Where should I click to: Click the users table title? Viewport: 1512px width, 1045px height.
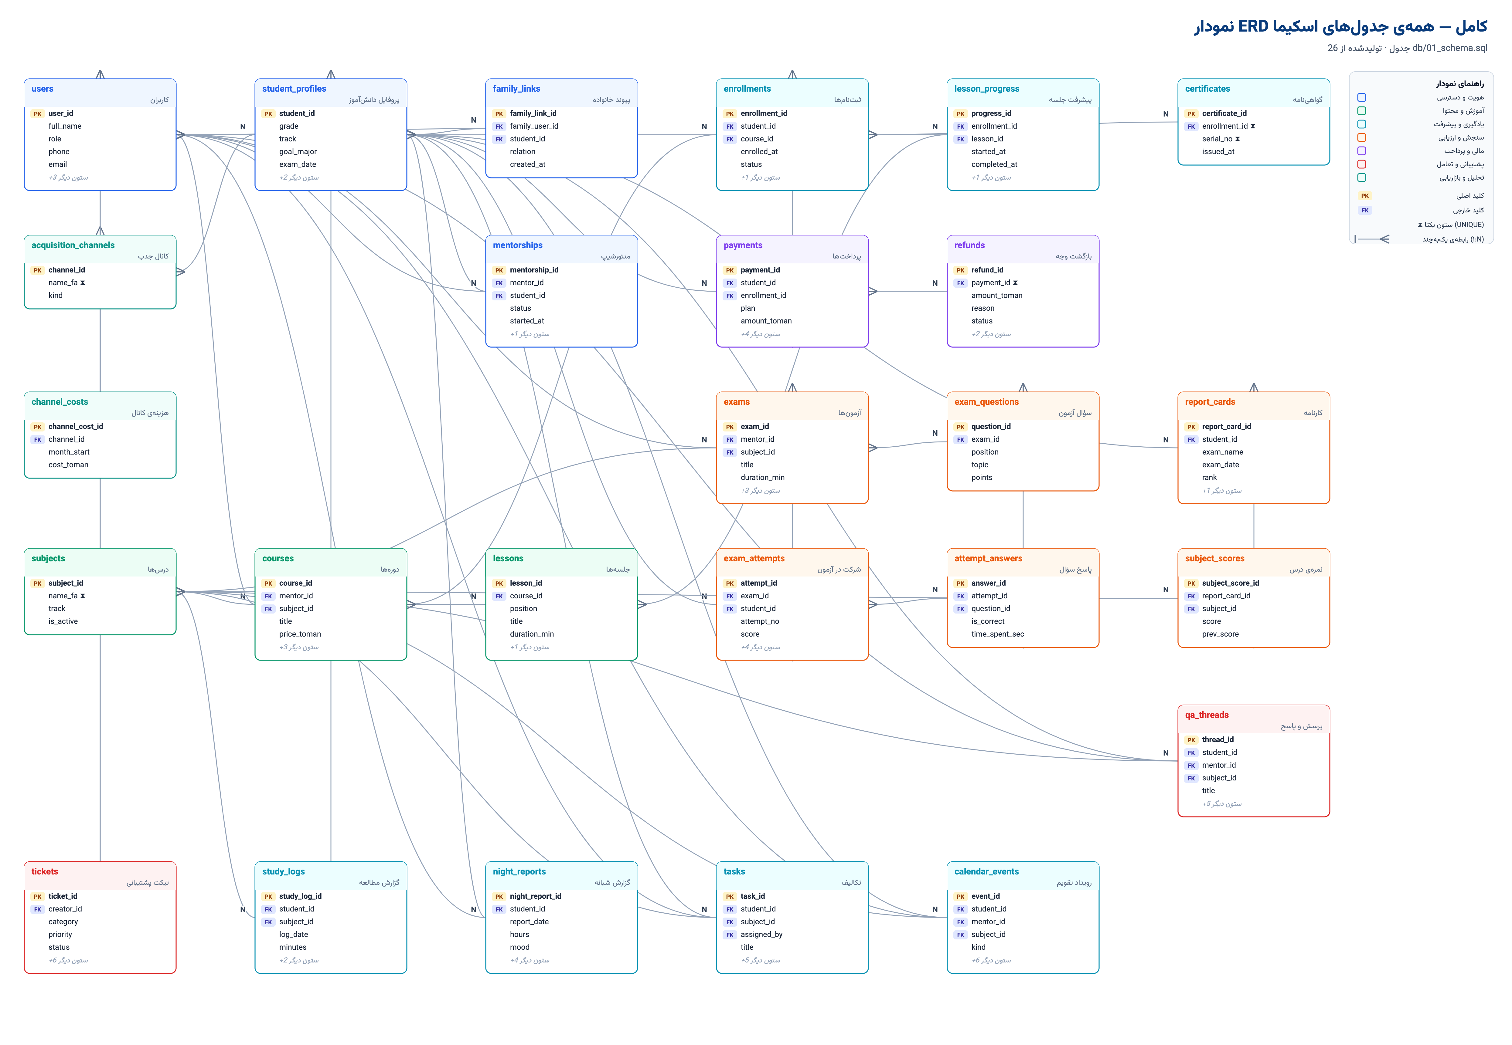click(x=43, y=89)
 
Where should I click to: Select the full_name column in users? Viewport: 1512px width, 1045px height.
click(x=65, y=126)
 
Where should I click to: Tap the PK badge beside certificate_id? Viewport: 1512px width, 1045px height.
click(x=1191, y=114)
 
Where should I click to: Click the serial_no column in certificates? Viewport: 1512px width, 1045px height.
click(x=1217, y=139)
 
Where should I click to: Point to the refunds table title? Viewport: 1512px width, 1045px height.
click(x=969, y=245)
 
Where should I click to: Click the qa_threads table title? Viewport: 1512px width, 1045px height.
click(x=1207, y=715)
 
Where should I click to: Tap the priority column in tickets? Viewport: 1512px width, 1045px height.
click(x=60, y=935)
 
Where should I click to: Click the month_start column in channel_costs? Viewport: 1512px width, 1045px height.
click(x=69, y=452)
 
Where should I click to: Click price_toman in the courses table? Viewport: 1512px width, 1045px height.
click(x=300, y=634)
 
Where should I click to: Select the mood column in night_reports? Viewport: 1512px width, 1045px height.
click(x=519, y=947)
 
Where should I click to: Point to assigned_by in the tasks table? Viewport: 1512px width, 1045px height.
click(x=761, y=935)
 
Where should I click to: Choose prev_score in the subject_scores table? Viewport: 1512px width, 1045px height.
click(x=1220, y=634)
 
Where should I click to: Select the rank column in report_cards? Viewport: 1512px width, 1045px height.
click(x=1209, y=478)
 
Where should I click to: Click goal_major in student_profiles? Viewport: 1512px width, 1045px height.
click(x=298, y=152)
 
